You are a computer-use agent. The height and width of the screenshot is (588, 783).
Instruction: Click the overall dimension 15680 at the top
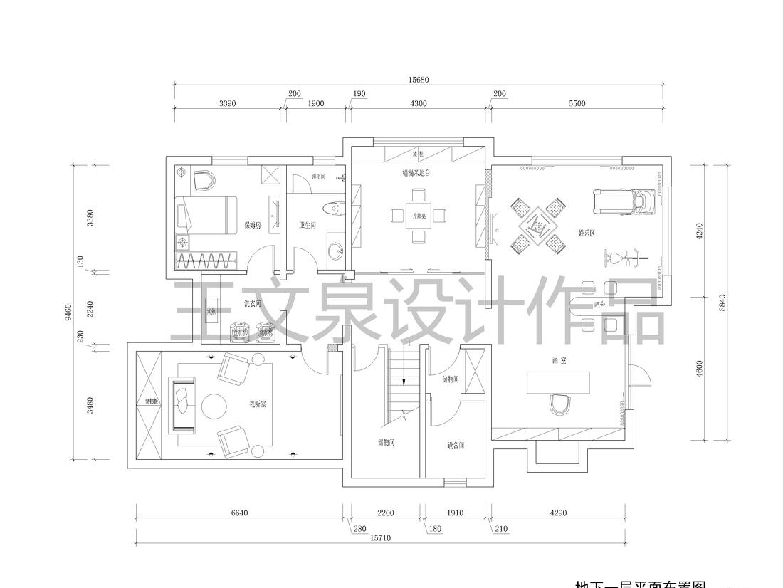(x=419, y=80)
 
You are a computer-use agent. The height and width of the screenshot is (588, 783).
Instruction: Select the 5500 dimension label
(x=577, y=103)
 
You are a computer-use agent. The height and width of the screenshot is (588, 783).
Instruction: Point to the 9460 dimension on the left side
(x=69, y=313)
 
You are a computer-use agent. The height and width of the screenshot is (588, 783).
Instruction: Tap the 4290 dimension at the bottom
(x=558, y=513)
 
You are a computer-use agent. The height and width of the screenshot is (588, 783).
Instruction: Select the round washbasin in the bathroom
(x=335, y=251)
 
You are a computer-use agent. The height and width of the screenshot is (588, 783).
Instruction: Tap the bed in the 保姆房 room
(x=206, y=216)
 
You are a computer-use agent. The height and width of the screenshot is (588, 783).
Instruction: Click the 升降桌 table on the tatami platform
(x=419, y=216)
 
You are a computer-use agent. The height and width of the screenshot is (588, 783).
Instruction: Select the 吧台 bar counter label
(x=600, y=305)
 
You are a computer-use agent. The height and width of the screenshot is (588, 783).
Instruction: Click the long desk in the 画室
(x=559, y=382)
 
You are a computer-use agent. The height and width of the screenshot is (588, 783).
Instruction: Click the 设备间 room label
(x=456, y=446)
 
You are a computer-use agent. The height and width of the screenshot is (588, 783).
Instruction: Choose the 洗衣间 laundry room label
(x=253, y=303)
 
